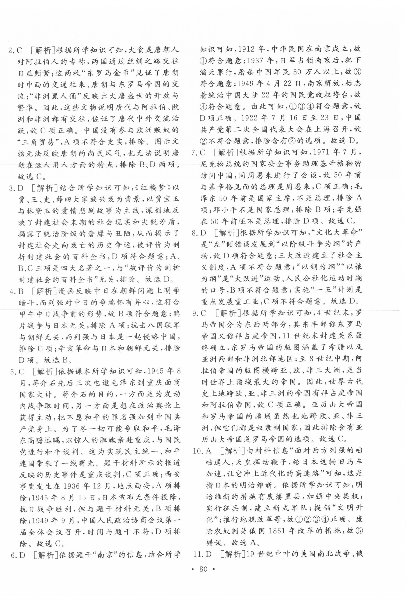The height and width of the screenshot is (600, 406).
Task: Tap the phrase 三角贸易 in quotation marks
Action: (x=36, y=142)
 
